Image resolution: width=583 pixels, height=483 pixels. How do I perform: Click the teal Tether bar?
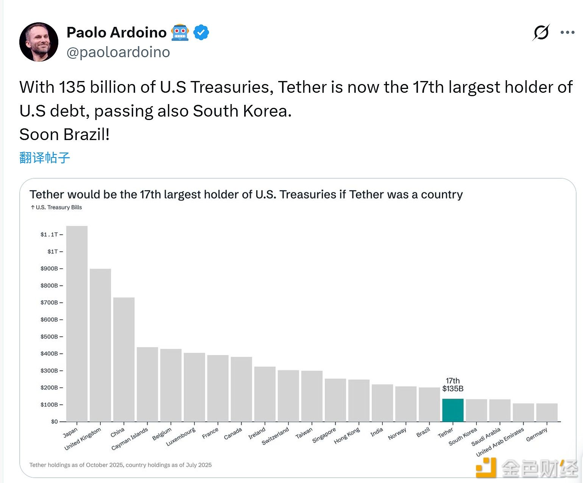[x=453, y=410]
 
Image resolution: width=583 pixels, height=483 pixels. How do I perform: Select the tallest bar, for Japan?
[x=77, y=324]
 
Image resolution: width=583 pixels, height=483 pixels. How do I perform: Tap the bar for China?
[x=124, y=359]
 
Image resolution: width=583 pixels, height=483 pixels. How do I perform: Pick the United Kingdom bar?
[x=100, y=345]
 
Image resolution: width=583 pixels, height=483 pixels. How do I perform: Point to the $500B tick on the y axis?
[x=51, y=337]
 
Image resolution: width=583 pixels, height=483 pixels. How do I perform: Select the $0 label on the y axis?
[x=55, y=421]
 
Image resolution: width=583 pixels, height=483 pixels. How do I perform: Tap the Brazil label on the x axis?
[x=423, y=432]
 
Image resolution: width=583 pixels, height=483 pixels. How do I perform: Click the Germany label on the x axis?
[x=536, y=435]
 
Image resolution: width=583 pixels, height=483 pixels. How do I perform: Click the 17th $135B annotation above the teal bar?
[x=453, y=385]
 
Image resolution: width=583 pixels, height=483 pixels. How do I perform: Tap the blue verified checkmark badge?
[x=201, y=33]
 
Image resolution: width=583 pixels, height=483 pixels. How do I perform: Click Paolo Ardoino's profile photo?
[x=39, y=42]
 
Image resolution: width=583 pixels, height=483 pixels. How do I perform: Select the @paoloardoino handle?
[x=118, y=52]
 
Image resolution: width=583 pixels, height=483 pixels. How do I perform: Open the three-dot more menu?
[x=567, y=33]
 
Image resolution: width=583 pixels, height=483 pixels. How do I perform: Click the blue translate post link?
[x=45, y=157]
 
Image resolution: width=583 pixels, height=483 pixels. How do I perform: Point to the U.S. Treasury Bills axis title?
[x=56, y=207]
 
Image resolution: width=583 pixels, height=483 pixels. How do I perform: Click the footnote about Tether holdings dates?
[x=120, y=465]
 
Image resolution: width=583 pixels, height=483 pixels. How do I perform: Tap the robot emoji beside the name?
[x=180, y=33]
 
